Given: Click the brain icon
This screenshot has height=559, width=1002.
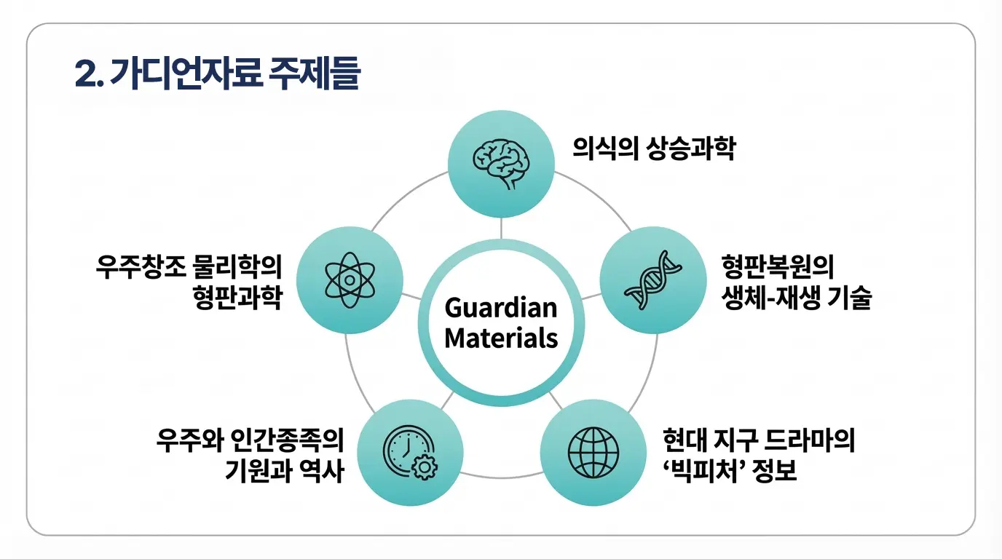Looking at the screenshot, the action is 501,164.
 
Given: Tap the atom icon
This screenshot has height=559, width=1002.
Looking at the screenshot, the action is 350,280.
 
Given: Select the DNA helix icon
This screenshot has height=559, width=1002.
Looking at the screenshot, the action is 653,280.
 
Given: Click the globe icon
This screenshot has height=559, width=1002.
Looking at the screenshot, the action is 593,453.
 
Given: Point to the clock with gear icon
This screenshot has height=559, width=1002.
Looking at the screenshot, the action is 410,453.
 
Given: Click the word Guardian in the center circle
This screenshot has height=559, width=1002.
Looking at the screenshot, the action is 501,308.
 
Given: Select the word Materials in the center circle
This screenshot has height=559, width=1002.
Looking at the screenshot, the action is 501,338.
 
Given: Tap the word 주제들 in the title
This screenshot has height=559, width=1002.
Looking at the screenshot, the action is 315,73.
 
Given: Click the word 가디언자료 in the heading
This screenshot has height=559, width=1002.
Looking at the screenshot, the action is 186,73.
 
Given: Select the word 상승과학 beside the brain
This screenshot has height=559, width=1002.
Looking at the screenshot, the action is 691,148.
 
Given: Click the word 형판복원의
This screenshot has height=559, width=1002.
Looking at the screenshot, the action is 778,267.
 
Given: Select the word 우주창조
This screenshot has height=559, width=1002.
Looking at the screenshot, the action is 141,267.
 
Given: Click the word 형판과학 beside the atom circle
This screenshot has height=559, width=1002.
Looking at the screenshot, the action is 237,298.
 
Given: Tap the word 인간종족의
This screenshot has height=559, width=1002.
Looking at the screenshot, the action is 288,440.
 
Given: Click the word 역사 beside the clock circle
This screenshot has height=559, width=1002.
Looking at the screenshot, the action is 322,471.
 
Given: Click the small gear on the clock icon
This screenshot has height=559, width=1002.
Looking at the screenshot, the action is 425,468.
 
